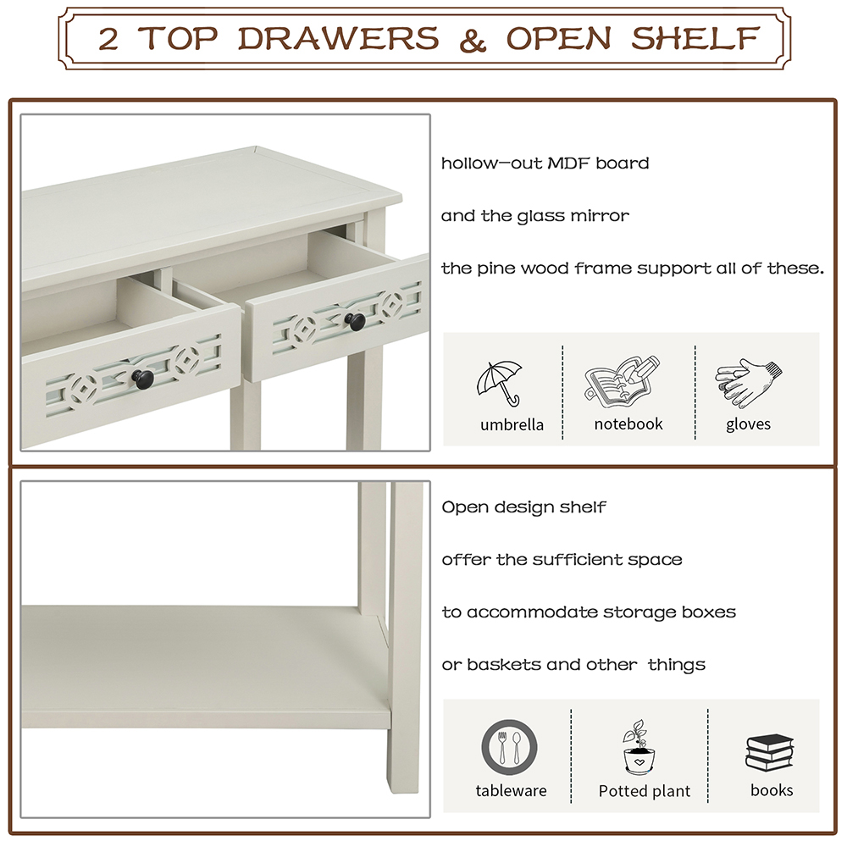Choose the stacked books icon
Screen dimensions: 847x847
coord(769,750)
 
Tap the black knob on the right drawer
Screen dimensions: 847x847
coord(355,320)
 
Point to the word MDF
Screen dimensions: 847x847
coord(564,163)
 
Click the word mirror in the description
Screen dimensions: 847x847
coord(600,216)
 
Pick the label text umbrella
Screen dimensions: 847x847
coord(512,424)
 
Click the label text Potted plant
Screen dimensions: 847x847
coord(645,791)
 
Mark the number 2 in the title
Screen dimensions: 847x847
coord(108,38)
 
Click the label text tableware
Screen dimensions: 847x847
coord(511,791)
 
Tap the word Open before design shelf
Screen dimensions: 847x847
coord(463,508)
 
